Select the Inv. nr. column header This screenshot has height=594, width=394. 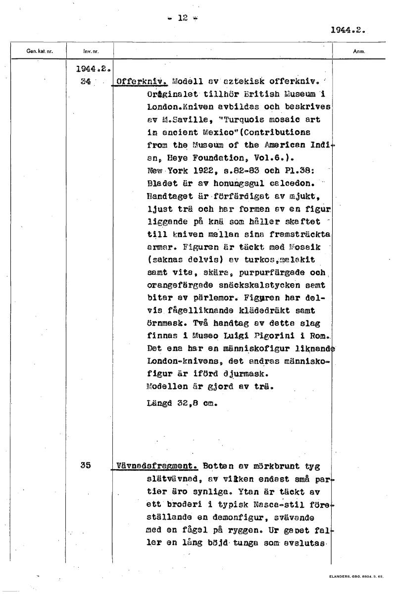click(89, 51)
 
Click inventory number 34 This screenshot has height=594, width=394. click(85, 82)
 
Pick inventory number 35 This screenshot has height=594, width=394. click(86, 465)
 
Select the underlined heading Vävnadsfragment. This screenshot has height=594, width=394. click(156, 466)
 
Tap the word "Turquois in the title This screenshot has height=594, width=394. click(240, 120)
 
